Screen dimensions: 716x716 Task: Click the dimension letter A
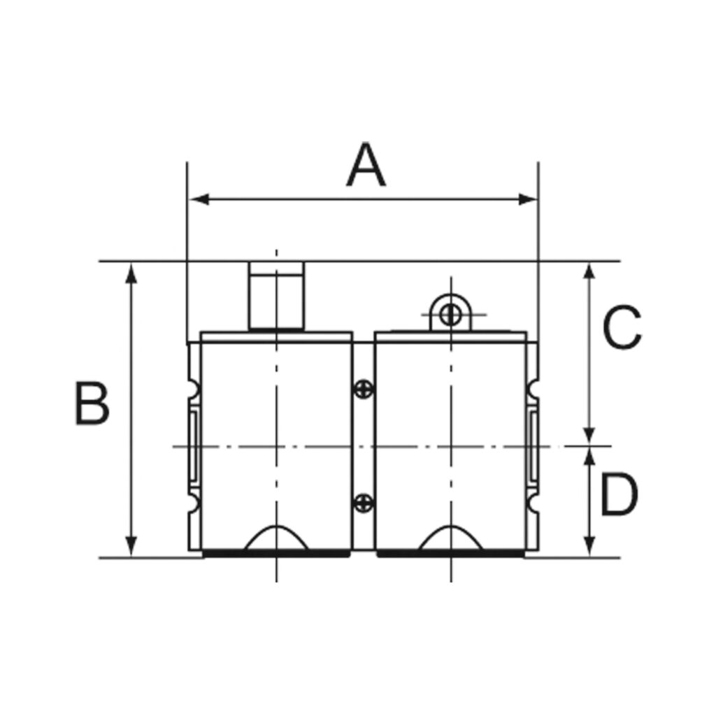click(x=366, y=166)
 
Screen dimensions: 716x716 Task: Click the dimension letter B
click(x=92, y=404)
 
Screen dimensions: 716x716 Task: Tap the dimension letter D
click(x=619, y=495)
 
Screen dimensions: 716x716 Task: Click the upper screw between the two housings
click(x=364, y=389)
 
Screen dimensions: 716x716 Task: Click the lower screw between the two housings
click(x=364, y=502)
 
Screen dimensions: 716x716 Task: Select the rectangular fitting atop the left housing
click(x=276, y=295)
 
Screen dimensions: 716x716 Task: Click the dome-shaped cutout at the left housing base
click(x=276, y=538)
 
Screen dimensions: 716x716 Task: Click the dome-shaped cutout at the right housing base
click(x=451, y=538)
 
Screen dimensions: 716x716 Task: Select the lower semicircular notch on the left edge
click(x=192, y=502)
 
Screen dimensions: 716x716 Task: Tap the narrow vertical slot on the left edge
click(x=194, y=445)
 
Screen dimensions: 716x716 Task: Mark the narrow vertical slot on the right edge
click(x=534, y=445)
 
